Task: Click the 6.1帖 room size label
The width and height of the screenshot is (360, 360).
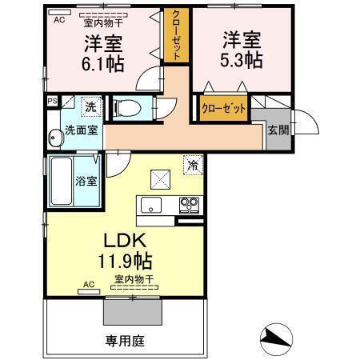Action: (102, 64)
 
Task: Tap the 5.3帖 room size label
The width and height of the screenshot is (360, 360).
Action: (242, 60)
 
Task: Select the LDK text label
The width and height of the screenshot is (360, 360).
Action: (125, 240)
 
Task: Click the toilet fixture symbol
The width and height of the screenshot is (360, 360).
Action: (126, 109)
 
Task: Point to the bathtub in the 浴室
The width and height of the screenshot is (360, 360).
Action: (62, 181)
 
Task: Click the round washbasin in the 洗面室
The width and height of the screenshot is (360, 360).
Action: (56, 138)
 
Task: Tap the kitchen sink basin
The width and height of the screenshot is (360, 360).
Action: (151, 205)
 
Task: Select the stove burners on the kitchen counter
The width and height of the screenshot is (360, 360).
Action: (189, 205)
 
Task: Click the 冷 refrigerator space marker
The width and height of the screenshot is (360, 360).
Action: (193, 165)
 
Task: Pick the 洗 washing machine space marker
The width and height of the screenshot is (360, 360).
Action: (91, 106)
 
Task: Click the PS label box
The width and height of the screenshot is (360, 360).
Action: (53, 101)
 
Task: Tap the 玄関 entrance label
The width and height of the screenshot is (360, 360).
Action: (278, 130)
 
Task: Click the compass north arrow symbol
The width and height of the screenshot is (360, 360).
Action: (276, 339)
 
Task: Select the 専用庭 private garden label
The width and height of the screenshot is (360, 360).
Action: (125, 341)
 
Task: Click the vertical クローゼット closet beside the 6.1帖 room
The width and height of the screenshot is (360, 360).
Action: (176, 35)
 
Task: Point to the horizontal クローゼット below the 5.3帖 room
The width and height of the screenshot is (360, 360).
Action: (223, 108)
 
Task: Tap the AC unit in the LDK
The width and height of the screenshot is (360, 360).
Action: (89, 291)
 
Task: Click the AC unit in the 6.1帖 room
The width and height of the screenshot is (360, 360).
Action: (59, 12)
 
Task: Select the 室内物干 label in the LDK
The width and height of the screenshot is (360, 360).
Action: (134, 279)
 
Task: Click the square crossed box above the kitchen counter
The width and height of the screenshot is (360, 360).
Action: (160, 179)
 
